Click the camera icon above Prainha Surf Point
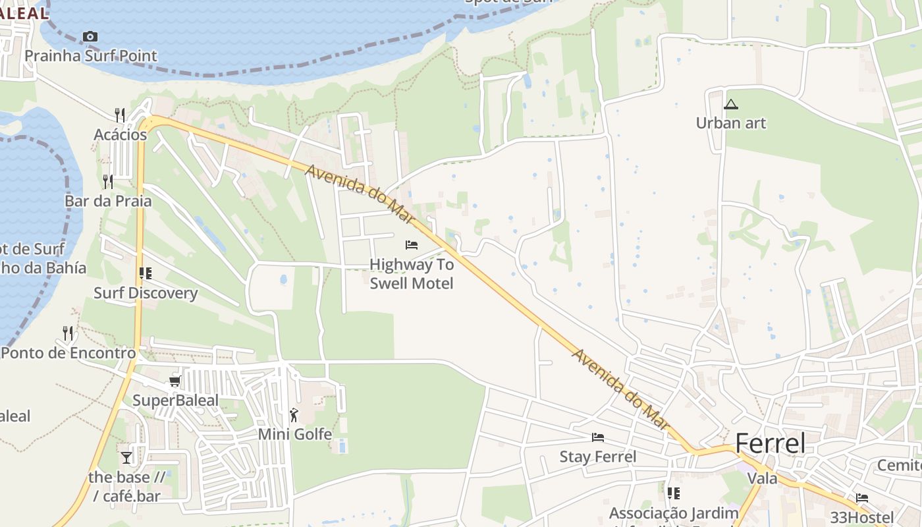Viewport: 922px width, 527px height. pyautogui.click(x=90, y=37)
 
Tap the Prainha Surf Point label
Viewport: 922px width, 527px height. pyautogui.click(x=91, y=56)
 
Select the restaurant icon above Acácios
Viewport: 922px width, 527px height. pyautogui.click(x=120, y=115)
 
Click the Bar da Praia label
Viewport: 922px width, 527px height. pyautogui.click(x=108, y=201)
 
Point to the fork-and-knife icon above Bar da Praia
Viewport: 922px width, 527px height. pyautogui.click(x=108, y=181)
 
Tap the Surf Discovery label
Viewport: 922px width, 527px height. pyautogui.click(x=146, y=293)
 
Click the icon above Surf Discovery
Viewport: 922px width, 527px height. pyautogui.click(x=146, y=273)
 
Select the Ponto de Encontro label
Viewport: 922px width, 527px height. pyautogui.click(x=68, y=352)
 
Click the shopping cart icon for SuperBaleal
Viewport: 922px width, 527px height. pyautogui.click(x=175, y=381)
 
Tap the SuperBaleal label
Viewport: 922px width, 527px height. pyautogui.click(x=175, y=401)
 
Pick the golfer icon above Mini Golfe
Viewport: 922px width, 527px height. pyautogui.click(x=294, y=415)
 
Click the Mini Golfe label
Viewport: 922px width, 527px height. pyautogui.click(x=294, y=434)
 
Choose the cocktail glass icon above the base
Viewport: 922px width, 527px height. pyautogui.click(x=126, y=457)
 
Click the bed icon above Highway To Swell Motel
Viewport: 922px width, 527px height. pyautogui.click(x=412, y=245)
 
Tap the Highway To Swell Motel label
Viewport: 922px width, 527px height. pyautogui.click(x=412, y=274)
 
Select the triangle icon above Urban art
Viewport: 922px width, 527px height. pyautogui.click(x=731, y=104)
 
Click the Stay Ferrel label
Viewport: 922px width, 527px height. pyautogui.click(x=598, y=457)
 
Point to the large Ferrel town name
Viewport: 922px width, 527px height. pyautogui.click(x=770, y=443)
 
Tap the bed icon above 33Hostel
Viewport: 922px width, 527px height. pyautogui.click(x=862, y=498)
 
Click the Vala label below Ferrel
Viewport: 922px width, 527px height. pyautogui.click(x=763, y=478)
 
